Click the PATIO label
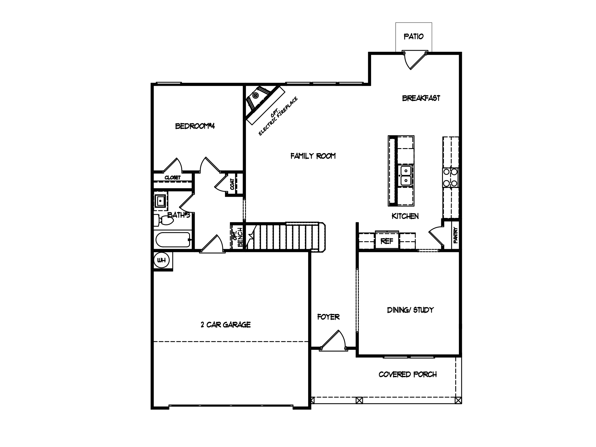tap(414, 37)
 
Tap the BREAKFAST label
tap(421, 98)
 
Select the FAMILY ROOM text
tap(313, 156)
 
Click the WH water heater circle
tap(161, 260)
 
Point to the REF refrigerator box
tap(387, 240)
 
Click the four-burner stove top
tap(450, 178)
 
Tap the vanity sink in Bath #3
tap(160, 201)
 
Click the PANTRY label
tap(455, 235)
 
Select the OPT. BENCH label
tap(237, 237)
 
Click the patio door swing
tap(415, 61)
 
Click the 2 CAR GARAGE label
tap(226, 325)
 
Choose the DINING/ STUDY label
tap(410, 310)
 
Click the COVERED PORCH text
tap(408, 375)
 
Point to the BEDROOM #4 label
tap(195, 126)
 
